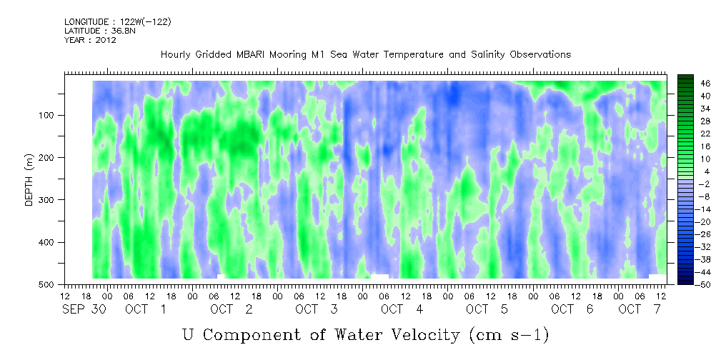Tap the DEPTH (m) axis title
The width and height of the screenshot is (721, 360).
pyautogui.click(x=29, y=179)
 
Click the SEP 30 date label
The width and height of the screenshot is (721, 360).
pyautogui.click(x=84, y=309)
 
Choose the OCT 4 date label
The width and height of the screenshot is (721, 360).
pyautogui.click(x=402, y=309)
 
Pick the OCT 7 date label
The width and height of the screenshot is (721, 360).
pyautogui.click(x=640, y=309)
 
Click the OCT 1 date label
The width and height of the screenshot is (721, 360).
pyautogui.click(x=146, y=309)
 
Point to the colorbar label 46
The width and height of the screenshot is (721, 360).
pyautogui.click(x=693, y=84)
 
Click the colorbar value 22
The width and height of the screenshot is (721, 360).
pyautogui.click(x=693, y=136)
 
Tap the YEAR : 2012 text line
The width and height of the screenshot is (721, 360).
pyautogui.click(x=90, y=40)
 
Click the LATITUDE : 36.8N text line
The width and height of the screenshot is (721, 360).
pyautogui.click(x=100, y=31)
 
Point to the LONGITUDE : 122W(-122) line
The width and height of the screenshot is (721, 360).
pyautogui.click(x=118, y=21)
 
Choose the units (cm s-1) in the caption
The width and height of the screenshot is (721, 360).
pyautogui.click(x=509, y=335)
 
